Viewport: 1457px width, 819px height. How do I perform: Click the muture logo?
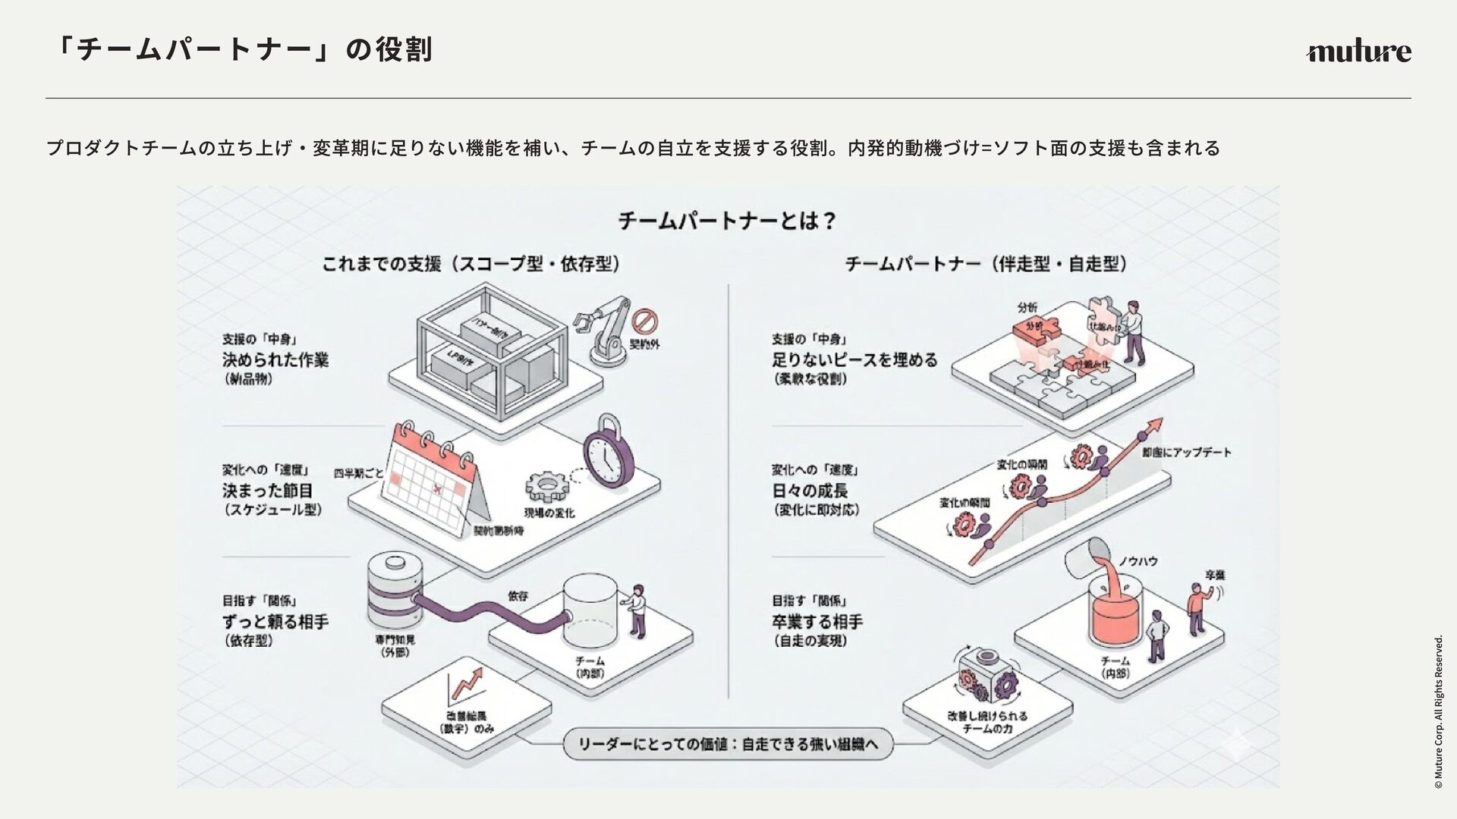pyautogui.click(x=1358, y=52)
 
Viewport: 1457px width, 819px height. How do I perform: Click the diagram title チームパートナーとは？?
pyautogui.click(x=727, y=221)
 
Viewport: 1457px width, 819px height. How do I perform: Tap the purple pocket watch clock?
pyautogui.click(x=608, y=454)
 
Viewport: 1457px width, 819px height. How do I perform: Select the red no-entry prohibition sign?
pyautogui.click(x=645, y=322)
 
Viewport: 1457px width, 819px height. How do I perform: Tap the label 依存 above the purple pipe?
pyautogui.click(x=518, y=596)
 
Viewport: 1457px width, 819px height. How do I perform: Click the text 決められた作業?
pyautogui.click(x=275, y=359)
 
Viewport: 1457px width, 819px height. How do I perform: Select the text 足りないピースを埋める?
pyautogui.click(x=854, y=359)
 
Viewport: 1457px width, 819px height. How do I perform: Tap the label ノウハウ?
pyautogui.click(x=1138, y=561)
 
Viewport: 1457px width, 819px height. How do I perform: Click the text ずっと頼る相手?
pyautogui.click(x=275, y=622)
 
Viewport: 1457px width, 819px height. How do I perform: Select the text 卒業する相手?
pyautogui.click(x=817, y=622)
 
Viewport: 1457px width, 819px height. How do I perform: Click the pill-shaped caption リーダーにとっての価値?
pyautogui.click(x=728, y=745)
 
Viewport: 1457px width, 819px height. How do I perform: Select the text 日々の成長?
pyautogui.click(x=810, y=491)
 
